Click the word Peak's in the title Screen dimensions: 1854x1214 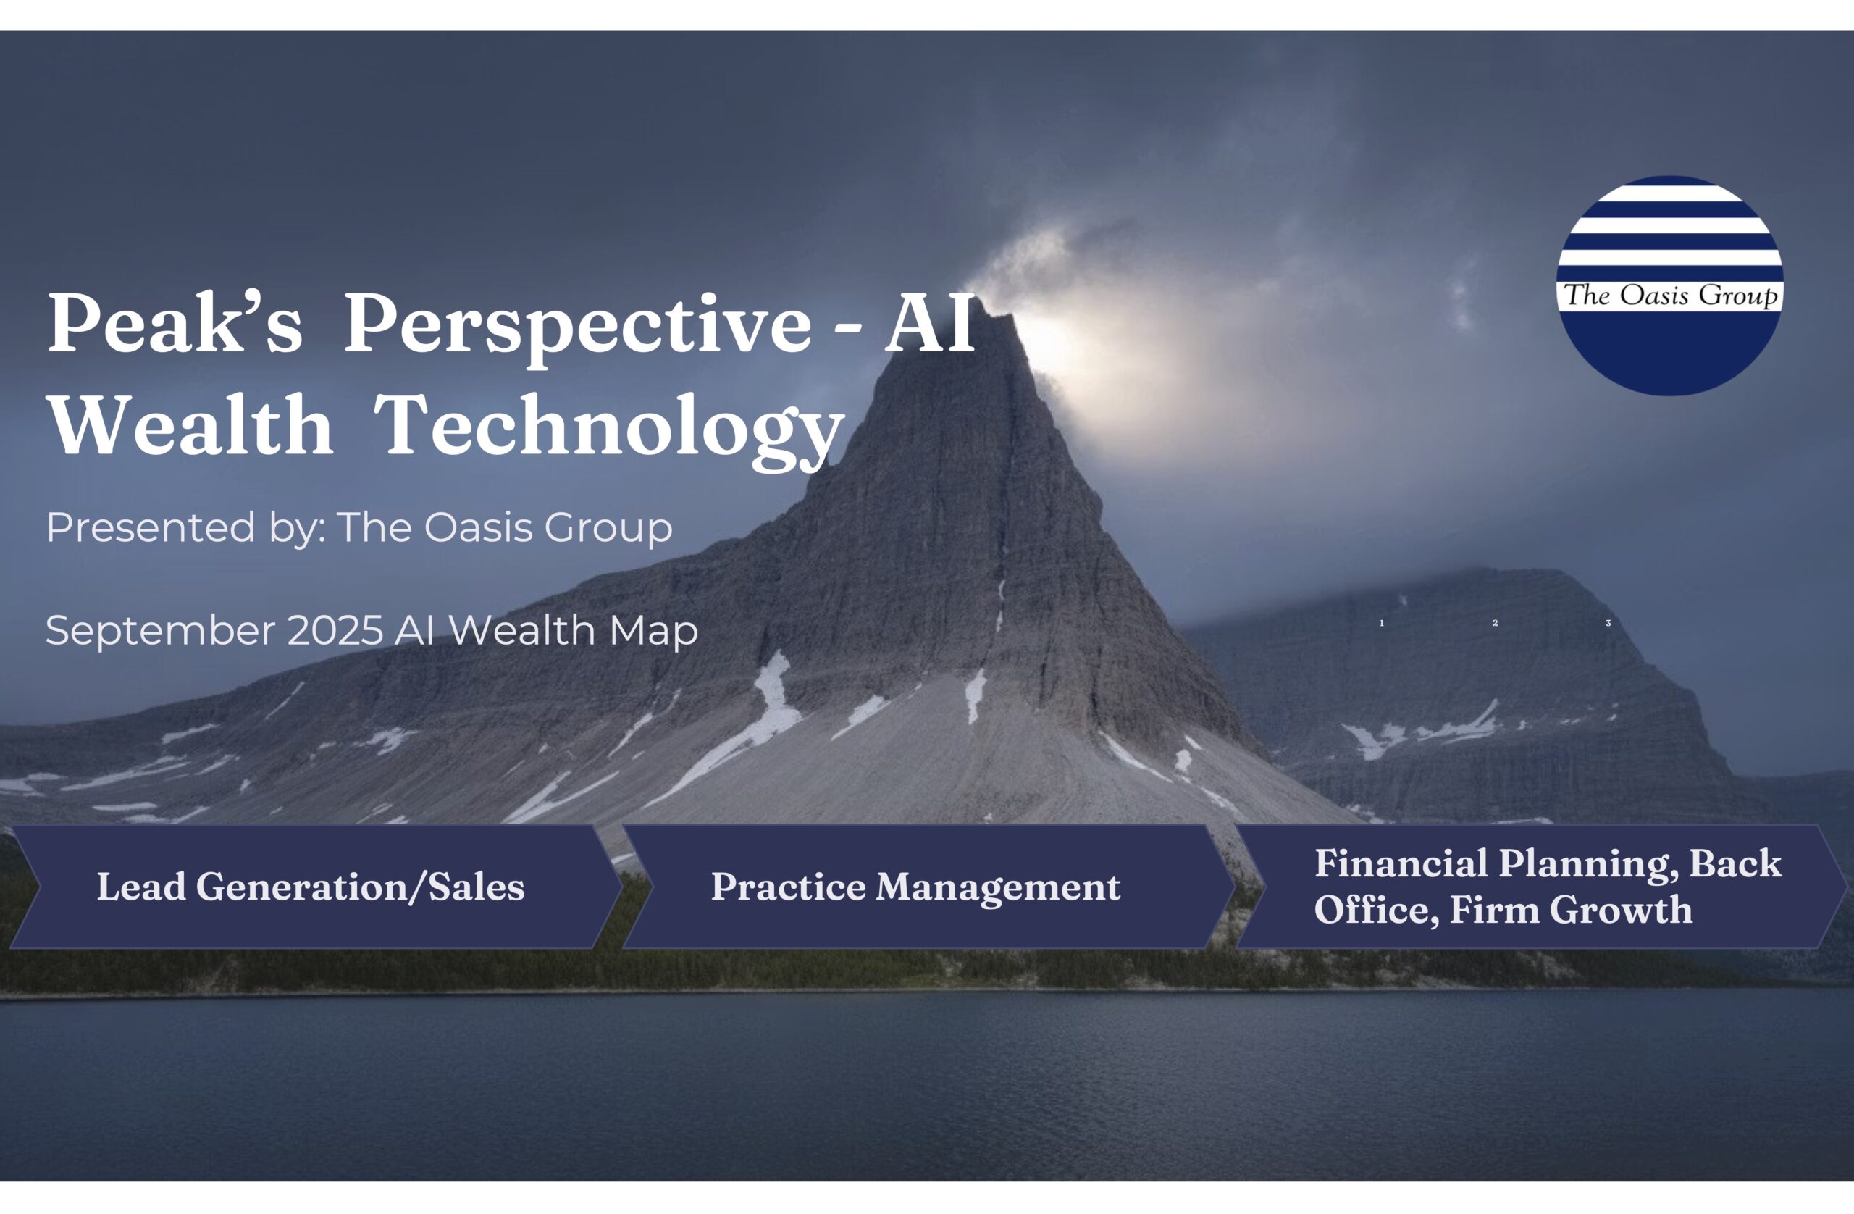coord(175,322)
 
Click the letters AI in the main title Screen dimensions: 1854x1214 coord(929,322)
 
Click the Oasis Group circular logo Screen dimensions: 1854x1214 coord(1669,285)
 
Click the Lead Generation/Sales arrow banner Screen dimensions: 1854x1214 coord(316,887)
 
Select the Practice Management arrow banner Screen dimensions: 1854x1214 coord(928,887)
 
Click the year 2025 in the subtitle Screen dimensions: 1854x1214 coord(335,630)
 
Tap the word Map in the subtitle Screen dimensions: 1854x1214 coord(653,632)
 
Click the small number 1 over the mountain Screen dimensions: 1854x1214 coord(1381,624)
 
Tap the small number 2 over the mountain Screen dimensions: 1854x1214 coord(1495,624)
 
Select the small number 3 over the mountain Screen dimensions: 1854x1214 coord(1608,624)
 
